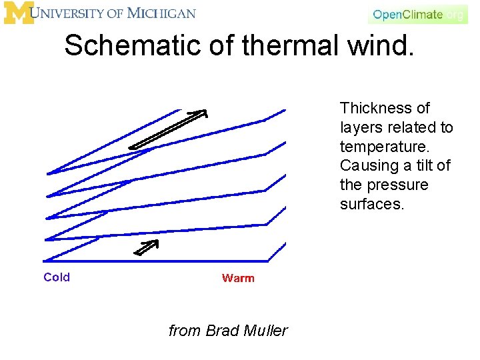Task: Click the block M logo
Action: tap(18, 13)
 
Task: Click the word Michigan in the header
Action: tap(162, 13)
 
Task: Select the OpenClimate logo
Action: tap(417, 14)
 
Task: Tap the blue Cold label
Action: tap(57, 277)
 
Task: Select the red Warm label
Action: tap(238, 278)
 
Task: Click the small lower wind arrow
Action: tap(148, 247)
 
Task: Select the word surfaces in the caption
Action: tap(371, 204)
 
